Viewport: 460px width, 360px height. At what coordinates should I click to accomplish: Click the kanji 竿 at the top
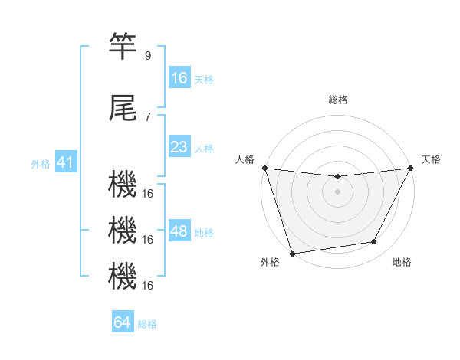pos(123,47)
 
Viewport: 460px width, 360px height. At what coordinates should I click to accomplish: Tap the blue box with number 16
pos(179,78)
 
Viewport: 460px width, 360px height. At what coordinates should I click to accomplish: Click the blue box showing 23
pos(179,147)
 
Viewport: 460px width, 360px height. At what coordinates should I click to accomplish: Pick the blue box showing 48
pos(179,231)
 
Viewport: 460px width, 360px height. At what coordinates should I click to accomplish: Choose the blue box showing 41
pos(65,162)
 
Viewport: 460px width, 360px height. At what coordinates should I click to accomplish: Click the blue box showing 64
pos(123,322)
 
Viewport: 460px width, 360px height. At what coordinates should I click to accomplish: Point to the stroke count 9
pos(147,56)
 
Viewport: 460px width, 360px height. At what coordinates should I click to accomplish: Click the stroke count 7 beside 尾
pos(147,117)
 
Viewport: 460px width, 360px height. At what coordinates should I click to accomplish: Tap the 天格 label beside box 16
pos(204,79)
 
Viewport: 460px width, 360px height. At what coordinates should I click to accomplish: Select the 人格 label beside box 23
pos(204,148)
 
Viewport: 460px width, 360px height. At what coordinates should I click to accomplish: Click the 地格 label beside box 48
pos(204,232)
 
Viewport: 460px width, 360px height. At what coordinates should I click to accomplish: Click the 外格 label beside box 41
pos(41,163)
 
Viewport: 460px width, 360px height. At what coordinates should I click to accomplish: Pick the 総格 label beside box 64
pos(147,323)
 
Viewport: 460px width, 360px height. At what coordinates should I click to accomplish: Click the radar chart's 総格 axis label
pos(337,100)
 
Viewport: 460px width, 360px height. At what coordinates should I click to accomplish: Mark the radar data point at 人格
pos(264,168)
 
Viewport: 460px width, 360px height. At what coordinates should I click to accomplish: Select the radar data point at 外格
pos(292,253)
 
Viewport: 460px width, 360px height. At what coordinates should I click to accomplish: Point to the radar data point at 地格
pos(374,242)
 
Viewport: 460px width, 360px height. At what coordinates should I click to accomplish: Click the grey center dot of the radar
pos(337,191)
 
